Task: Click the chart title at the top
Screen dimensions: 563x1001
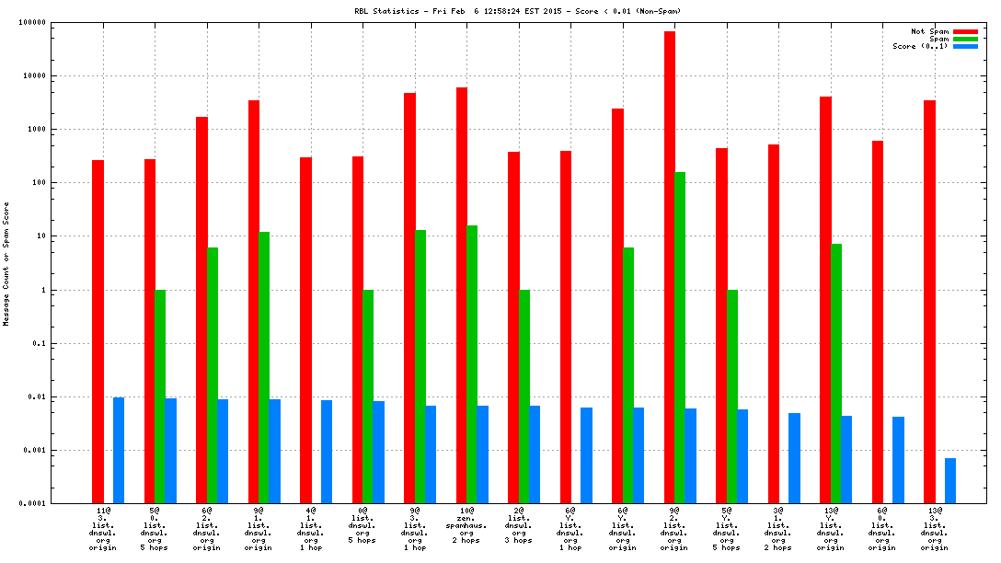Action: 518,11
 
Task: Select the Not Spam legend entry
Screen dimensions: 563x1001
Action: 929,31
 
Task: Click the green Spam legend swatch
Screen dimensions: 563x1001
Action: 965,39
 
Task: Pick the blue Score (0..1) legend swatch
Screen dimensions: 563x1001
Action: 965,46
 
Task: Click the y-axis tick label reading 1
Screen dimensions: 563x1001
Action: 69,290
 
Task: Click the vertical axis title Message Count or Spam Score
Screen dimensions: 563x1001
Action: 6,263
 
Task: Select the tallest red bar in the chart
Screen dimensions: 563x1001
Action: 670,267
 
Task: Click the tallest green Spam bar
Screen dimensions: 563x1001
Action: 680,337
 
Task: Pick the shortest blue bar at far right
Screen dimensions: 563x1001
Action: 950,480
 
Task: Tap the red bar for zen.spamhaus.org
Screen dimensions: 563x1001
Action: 462,294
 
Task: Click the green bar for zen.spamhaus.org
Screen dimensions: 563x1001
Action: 472,363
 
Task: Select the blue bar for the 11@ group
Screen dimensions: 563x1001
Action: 119,450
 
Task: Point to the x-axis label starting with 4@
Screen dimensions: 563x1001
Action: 311,528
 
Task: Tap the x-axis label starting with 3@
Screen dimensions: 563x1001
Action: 778,528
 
